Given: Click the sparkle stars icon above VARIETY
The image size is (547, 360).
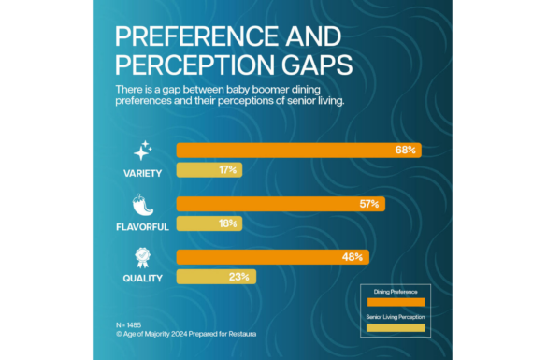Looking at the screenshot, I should pyautogui.click(x=142, y=151).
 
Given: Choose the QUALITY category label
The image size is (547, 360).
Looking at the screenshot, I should pyautogui.click(x=142, y=278).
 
